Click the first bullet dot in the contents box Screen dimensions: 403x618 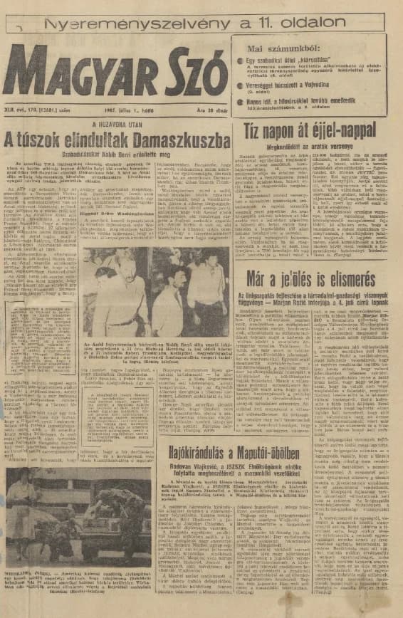[x=240, y=61]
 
